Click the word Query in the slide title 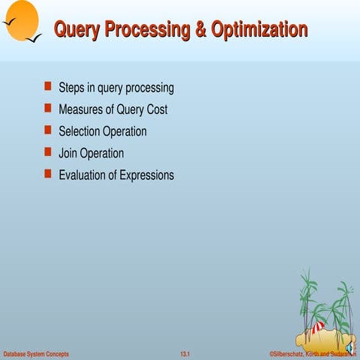click(78, 30)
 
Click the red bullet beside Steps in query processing click(48, 87)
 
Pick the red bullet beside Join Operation click(48, 152)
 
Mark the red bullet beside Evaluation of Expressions click(48, 174)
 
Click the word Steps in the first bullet click(72, 88)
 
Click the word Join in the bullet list click(68, 153)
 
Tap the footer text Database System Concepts click(36, 353)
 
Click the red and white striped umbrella click(318, 328)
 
